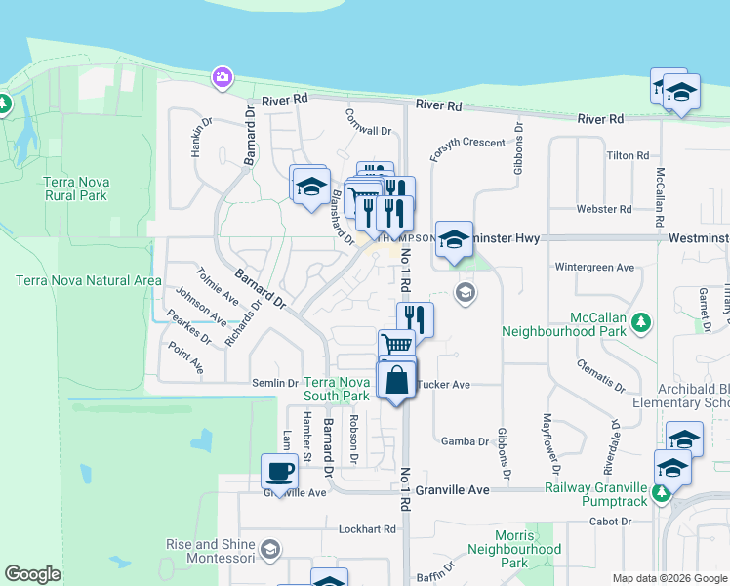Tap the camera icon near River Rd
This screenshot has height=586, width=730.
pos(223,76)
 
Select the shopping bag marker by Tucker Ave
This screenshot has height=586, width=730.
pos(396,381)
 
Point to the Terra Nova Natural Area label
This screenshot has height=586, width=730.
pos(88,280)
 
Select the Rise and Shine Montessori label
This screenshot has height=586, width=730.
pos(205,551)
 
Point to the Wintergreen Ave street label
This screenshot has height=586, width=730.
pos(594,267)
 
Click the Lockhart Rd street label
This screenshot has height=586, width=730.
pos(367,529)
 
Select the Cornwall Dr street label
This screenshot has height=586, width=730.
pos(368,130)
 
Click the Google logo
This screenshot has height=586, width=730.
pos(32,574)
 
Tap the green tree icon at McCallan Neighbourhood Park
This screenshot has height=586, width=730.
pos(641,321)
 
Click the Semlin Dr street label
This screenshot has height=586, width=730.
pos(275,383)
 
